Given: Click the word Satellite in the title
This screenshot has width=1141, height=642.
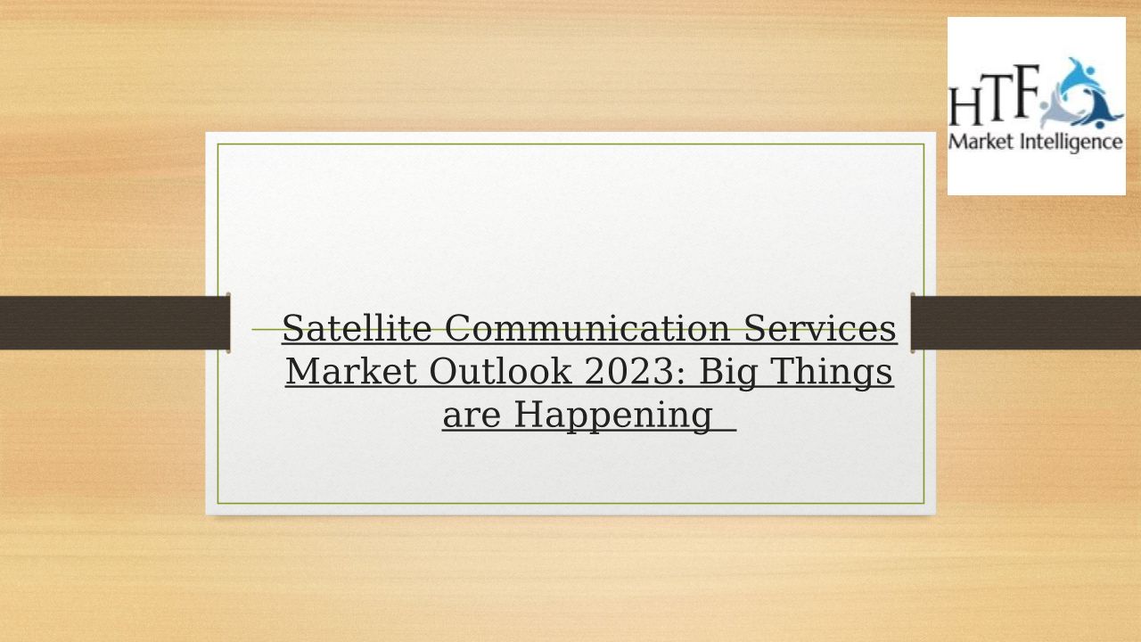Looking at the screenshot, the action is pyautogui.click(x=357, y=328).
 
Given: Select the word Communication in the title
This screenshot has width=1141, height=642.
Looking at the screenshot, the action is pyautogui.click(x=587, y=328).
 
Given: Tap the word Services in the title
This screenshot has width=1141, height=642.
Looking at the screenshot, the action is pyautogui.click(x=819, y=328).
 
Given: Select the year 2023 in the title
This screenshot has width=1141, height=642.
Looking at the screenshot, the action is pyautogui.click(x=629, y=372).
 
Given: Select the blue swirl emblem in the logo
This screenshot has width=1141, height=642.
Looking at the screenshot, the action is pyautogui.click(x=1081, y=94).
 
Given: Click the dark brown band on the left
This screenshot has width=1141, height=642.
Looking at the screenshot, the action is pyautogui.click(x=115, y=323).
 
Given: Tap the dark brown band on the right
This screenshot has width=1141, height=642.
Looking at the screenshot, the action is pyautogui.click(x=1026, y=323).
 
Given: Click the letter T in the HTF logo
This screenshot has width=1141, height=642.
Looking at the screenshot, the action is pyautogui.click(x=994, y=99).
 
